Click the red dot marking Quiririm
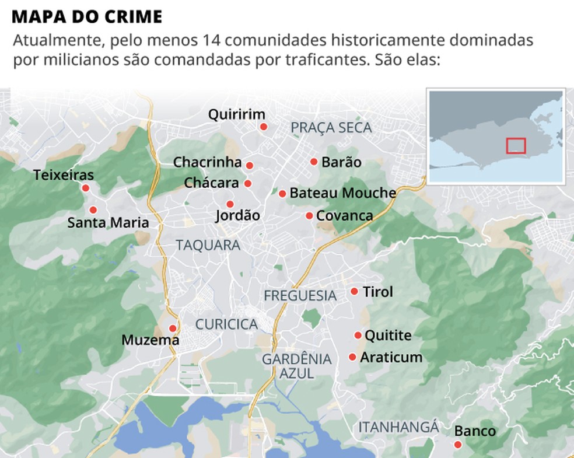tap(264, 127)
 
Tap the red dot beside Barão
tap(314, 162)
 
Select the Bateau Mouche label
tap(342, 193)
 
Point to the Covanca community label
tap(344, 215)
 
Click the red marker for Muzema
tap(172, 328)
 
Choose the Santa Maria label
tap(108, 222)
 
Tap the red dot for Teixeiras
tap(86, 188)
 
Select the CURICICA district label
tap(226, 324)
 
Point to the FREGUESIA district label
tap(300, 295)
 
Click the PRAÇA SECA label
tap(331, 127)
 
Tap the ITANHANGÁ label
tap(398, 427)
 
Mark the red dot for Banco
tap(458, 445)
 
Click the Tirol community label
tap(378, 291)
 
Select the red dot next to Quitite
tap(358, 335)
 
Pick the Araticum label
tap(391, 357)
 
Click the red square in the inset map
tap(516, 145)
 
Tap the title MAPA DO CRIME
tap(86, 16)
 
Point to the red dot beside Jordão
tap(230, 204)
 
